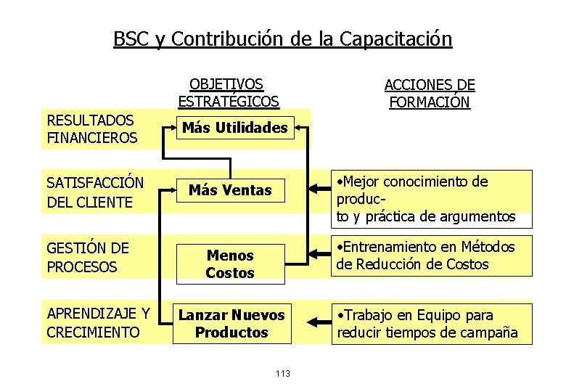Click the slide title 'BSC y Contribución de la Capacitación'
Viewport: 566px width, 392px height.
coord(282,38)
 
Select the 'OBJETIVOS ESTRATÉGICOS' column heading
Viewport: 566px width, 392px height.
coord(228,94)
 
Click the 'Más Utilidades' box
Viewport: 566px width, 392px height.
coord(234,128)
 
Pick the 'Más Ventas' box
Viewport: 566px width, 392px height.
coord(230,191)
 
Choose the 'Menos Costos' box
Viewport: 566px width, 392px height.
coord(230,264)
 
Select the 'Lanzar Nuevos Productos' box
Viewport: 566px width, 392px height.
coord(231,324)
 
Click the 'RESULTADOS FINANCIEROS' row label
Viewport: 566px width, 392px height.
coord(91,129)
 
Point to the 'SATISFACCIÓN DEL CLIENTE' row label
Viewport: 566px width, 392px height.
coord(95,192)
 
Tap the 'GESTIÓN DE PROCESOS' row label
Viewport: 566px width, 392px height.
coord(88,258)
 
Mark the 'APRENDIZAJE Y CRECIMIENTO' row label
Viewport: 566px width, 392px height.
coord(98,324)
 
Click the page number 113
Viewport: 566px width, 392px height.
coord(283,373)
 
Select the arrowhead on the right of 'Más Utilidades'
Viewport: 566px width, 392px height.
coord(300,129)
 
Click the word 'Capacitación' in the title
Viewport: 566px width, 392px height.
coord(395,38)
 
